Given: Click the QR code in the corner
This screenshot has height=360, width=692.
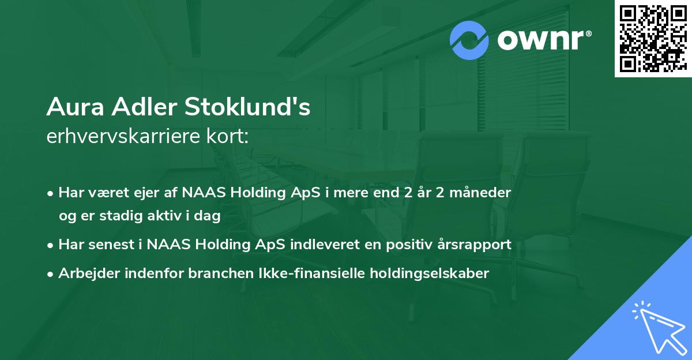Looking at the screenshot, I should click(653, 38).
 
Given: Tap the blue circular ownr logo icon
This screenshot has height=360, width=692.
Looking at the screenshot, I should click(470, 40).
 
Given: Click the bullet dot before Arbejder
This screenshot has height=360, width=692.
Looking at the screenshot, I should click(51, 273).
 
